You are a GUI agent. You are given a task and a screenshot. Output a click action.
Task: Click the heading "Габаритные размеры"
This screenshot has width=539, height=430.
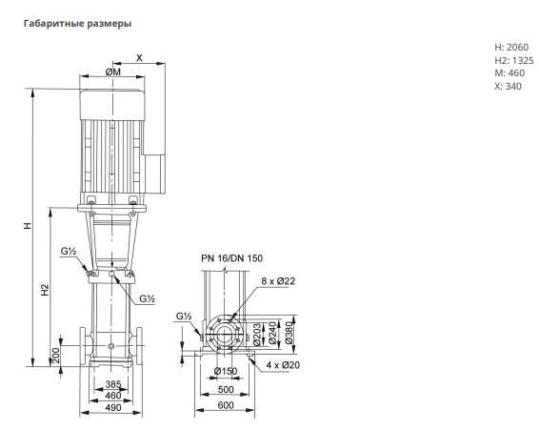tap(77, 24)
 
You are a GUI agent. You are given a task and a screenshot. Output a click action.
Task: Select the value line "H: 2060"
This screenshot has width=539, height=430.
tap(511, 47)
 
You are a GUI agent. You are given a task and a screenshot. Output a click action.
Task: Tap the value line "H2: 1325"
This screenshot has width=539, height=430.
tap(514, 61)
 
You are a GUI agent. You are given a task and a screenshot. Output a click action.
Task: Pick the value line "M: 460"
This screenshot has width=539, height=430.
tap(509, 73)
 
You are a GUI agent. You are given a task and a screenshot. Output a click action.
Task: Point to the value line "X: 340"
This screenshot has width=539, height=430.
tap(508, 87)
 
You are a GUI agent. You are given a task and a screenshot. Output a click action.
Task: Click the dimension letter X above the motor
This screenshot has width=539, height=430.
tap(139, 58)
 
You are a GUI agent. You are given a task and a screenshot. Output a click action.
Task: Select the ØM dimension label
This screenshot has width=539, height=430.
tap(113, 72)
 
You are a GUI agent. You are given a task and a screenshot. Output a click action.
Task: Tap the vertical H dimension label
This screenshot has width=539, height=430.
tap(28, 226)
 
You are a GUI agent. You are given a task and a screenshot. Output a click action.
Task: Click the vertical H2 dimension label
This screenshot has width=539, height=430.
tap(45, 290)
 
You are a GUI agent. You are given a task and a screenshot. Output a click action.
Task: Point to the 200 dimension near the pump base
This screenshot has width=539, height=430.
tap(55, 355)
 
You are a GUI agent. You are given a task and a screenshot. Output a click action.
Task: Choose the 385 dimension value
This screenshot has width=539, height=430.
tap(113, 384)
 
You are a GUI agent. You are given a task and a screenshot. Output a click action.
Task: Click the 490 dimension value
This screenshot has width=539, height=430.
tap(113, 408)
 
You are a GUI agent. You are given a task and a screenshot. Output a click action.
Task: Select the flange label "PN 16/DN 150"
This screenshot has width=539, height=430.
tap(232, 258)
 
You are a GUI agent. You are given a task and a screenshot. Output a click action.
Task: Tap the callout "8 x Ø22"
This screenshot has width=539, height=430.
tap(278, 281)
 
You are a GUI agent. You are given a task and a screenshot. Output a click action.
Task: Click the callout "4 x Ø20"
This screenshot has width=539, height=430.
tap(283, 365)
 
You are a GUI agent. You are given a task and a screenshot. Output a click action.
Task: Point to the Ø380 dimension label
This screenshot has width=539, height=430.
tap(289, 331)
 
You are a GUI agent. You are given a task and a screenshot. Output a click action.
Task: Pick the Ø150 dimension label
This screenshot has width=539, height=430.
tap(226, 371)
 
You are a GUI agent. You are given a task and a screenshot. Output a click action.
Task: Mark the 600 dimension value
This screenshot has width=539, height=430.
tap(226, 405)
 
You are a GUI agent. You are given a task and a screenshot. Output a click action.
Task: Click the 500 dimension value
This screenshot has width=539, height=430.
tap(226, 389)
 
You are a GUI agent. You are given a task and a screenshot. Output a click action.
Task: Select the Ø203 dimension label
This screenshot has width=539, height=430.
tap(257, 334)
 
